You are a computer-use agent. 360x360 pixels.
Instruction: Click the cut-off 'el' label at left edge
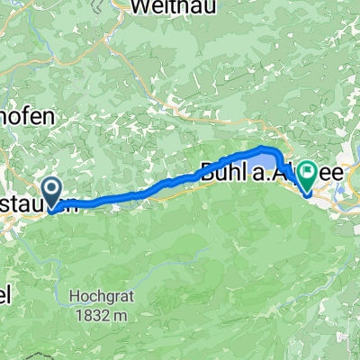click(x=5, y=296)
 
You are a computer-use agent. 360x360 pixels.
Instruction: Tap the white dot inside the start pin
click(x=52, y=187)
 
